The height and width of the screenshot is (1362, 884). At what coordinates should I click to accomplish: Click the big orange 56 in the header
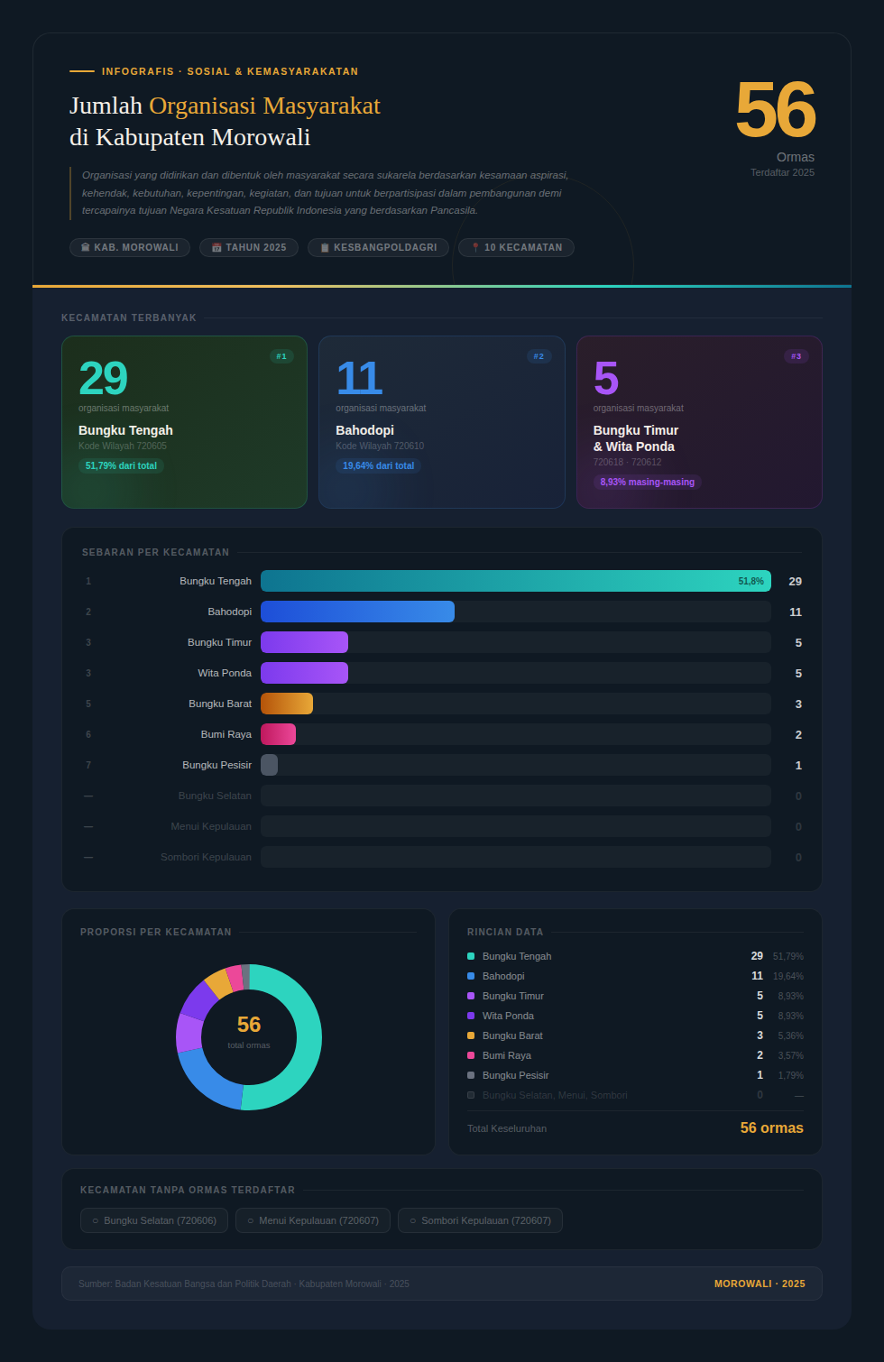(775, 111)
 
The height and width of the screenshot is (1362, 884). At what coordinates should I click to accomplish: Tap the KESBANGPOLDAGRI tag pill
(378, 247)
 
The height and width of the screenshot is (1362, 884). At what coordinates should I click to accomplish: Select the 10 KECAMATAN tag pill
(516, 247)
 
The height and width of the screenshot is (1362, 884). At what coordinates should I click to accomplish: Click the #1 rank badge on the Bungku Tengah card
(281, 356)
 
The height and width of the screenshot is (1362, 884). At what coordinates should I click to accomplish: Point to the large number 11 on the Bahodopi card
(359, 378)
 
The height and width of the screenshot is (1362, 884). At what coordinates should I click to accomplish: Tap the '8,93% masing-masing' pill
(647, 482)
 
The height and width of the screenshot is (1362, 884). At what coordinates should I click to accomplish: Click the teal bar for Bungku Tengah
(515, 581)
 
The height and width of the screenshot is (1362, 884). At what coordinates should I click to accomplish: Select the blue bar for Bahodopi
(357, 612)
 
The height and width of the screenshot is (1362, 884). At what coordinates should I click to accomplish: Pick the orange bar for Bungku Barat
(287, 704)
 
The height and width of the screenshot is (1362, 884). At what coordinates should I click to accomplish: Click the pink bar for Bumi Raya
(278, 734)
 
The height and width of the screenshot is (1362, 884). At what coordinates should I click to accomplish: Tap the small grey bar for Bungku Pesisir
(269, 765)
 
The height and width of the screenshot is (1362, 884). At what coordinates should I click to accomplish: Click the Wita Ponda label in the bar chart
(225, 673)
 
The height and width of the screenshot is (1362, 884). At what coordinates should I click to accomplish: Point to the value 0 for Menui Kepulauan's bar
(798, 827)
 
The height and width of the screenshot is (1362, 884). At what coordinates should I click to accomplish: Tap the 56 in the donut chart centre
(249, 1025)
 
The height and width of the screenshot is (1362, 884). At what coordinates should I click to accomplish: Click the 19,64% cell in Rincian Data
(787, 976)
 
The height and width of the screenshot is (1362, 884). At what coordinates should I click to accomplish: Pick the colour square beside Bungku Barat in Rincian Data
(471, 1035)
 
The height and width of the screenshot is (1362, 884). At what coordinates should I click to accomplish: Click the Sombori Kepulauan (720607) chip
(480, 1220)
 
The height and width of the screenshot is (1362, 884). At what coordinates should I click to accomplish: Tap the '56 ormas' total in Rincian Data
(771, 1127)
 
